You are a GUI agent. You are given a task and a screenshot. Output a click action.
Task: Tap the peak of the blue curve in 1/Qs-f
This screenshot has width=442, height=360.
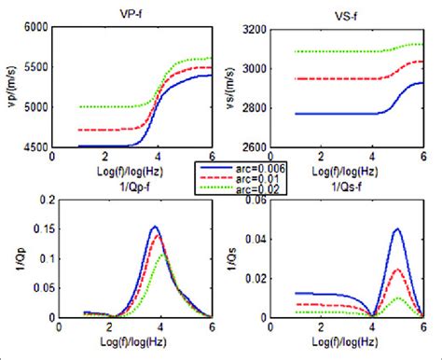[x=397, y=229]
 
